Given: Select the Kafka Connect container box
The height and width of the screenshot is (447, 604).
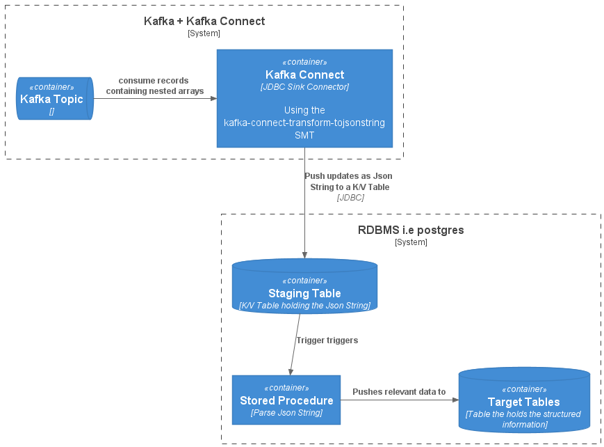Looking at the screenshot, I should click(304, 98).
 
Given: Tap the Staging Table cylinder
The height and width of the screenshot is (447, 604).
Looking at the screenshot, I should click(304, 286).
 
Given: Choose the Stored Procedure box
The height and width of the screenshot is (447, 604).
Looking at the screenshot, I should click(286, 400).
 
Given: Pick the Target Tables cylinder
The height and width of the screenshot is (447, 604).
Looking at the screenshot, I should click(524, 401).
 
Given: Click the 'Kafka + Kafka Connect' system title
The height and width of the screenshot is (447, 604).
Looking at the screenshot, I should click(204, 21).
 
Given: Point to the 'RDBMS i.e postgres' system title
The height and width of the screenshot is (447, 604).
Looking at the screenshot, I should click(411, 230).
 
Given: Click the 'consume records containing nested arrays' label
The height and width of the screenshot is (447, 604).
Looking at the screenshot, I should click(154, 86).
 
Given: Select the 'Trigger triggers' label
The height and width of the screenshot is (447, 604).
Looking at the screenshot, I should click(327, 340).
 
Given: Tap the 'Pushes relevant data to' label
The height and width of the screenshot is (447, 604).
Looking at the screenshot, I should click(399, 392).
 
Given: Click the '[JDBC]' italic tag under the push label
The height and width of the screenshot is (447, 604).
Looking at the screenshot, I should click(350, 198).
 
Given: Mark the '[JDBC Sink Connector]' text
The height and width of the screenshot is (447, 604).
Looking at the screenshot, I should click(304, 87).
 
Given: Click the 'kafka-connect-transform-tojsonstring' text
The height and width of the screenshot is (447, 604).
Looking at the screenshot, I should click(304, 123).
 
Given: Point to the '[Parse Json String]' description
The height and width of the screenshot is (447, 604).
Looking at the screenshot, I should click(286, 413).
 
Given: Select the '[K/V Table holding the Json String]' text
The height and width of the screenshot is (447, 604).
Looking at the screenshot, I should click(304, 305).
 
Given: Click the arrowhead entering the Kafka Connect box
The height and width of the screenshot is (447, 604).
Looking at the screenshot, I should click(213, 98).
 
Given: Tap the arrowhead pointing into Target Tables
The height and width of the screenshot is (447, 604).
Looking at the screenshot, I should click(455, 400).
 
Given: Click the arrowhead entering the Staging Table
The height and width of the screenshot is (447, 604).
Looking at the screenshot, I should click(304, 255).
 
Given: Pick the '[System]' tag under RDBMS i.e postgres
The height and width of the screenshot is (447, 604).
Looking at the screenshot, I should click(411, 242).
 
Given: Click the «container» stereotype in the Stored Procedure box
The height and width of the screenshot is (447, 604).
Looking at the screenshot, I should click(286, 388).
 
